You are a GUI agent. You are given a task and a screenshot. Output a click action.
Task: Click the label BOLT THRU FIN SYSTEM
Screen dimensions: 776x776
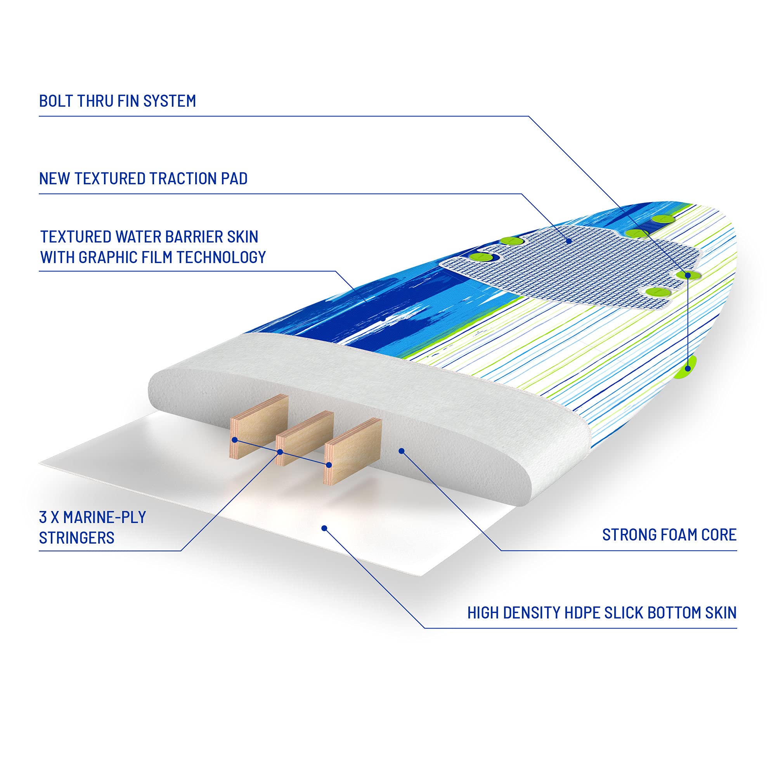117,101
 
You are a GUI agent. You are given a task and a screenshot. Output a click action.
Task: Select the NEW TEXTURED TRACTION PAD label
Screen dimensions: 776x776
143,178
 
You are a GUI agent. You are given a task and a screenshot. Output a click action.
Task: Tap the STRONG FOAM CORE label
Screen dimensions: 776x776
669,535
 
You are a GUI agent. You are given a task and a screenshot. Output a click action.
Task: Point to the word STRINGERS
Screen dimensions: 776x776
77,537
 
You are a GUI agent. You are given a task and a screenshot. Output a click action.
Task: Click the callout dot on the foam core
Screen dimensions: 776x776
401,451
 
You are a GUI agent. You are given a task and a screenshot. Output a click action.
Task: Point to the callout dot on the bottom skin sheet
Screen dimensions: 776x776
324,528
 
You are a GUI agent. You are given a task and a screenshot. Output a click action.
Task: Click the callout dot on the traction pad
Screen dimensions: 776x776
569,241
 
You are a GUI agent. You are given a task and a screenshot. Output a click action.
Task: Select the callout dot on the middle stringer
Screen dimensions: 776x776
281,452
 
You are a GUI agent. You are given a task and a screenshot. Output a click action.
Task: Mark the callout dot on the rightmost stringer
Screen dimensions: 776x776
329,465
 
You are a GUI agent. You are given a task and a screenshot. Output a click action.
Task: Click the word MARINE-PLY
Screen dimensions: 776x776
104,517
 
